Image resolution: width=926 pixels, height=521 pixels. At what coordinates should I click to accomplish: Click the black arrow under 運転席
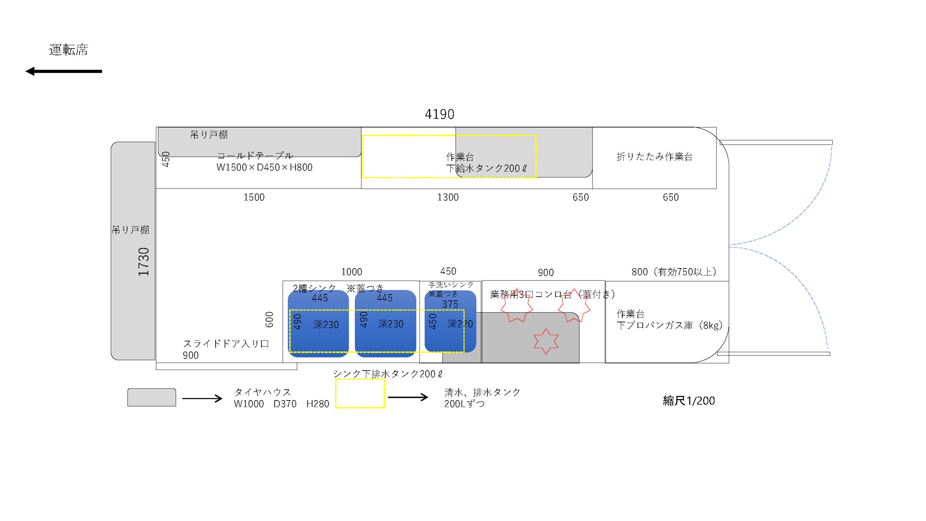click(x=64, y=71)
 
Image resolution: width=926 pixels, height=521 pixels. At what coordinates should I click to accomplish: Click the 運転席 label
click(x=69, y=50)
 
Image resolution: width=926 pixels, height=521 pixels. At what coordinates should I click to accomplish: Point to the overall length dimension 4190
click(x=439, y=114)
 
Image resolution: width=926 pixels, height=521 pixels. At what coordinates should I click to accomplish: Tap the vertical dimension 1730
click(x=144, y=262)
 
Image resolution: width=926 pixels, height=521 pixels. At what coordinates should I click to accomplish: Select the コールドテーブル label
click(x=255, y=156)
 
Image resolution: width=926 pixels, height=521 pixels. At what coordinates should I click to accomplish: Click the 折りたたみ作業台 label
click(x=654, y=156)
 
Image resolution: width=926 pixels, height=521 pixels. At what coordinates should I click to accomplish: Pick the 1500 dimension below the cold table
click(x=254, y=197)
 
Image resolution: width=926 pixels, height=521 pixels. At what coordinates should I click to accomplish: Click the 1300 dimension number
click(x=448, y=197)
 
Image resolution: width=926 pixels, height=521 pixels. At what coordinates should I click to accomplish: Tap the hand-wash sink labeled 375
click(x=450, y=321)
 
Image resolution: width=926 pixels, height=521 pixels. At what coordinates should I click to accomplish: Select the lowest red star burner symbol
click(x=546, y=341)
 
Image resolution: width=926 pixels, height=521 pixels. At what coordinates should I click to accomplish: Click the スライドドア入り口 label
click(x=226, y=343)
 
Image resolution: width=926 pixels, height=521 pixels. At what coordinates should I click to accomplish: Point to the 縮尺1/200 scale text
click(x=689, y=401)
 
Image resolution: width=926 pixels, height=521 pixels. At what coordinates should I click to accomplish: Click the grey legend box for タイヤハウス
click(x=152, y=397)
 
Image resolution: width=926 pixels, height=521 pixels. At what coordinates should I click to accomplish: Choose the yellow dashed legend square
click(x=360, y=393)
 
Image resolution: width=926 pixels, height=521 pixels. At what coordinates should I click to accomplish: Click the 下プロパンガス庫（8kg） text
click(x=670, y=325)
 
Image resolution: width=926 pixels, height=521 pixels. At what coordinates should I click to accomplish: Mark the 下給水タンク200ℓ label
click(x=487, y=168)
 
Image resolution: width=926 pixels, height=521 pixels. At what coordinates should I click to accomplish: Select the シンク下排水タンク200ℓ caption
click(x=388, y=374)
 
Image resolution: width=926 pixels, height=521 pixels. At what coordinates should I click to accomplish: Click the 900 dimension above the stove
click(x=546, y=272)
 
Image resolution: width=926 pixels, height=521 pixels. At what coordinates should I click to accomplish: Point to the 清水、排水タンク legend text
click(x=482, y=392)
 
